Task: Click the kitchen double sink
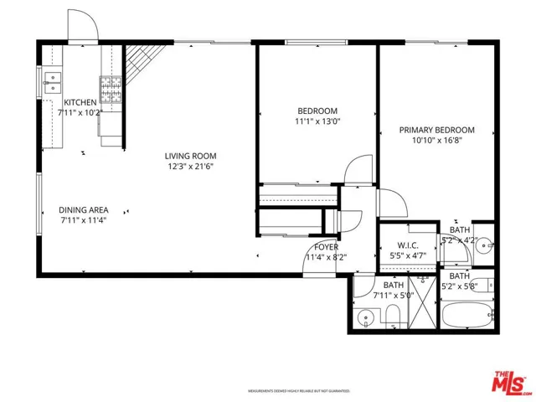pos(54,82)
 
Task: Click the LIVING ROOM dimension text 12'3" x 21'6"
pos(190,166)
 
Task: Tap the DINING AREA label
pos(82,209)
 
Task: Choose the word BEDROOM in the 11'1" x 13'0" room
pos(317,111)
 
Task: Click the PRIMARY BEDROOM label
pos(436,130)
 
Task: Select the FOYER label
pos(326,247)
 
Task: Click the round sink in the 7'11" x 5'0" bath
pos(367,317)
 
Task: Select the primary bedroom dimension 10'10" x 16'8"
pos(436,141)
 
